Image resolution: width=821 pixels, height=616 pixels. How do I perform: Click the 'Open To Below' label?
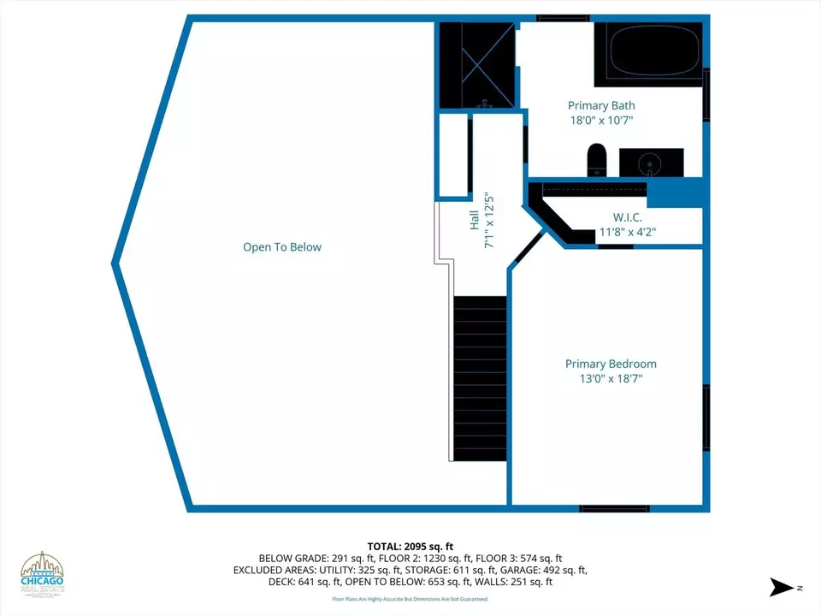(x=282, y=247)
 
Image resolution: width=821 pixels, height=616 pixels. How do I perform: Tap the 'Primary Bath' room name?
(x=601, y=106)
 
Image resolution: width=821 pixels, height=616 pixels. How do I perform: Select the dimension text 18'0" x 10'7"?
(x=601, y=121)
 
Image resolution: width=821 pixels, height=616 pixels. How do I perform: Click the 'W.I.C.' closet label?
(x=627, y=217)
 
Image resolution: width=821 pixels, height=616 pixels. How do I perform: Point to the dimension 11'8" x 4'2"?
(x=627, y=232)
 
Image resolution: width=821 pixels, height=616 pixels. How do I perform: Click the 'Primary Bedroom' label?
(x=611, y=364)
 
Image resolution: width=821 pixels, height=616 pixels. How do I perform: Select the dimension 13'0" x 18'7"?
(x=611, y=378)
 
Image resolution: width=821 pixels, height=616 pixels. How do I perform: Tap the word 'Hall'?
(x=475, y=220)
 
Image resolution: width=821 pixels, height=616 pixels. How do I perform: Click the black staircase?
(x=480, y=377)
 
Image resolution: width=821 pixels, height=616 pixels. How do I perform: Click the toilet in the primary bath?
(x=596, y=159)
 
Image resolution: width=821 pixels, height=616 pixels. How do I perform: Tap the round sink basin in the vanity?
(x=651, y=161)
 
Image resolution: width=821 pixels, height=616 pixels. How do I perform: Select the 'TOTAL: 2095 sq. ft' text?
(x=410, y=546)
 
